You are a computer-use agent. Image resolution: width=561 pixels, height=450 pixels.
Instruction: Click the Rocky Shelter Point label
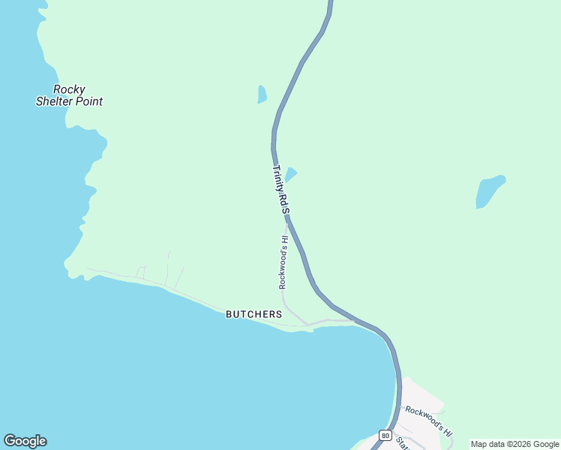(x=69, y=95)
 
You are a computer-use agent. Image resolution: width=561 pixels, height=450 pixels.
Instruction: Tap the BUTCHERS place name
(x=254, y=314)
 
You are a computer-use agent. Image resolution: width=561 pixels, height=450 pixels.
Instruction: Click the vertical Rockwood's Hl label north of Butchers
(x=283, y=262)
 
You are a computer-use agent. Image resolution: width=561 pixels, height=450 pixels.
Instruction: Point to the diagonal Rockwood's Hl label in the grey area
(x=427, y=421)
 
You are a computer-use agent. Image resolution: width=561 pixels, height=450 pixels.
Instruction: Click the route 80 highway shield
(x=385, y=435)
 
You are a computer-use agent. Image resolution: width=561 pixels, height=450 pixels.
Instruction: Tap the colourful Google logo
(x=25, y=441)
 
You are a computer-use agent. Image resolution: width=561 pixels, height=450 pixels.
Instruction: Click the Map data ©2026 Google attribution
(x=515, y=444)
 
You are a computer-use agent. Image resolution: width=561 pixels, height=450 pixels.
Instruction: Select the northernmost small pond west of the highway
(x=262, y=94)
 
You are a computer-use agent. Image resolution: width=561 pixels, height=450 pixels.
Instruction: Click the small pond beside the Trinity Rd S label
(x=291, y=174)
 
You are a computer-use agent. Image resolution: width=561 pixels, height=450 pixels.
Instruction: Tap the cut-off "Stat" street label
(x=403, y=444)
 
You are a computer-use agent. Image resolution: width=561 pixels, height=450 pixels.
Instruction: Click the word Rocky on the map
(x=69, y=89)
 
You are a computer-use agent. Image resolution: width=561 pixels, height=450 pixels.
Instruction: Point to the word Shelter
(x=54, y=101)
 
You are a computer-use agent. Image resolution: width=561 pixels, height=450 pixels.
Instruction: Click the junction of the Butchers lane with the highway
(x=355, y=320)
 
